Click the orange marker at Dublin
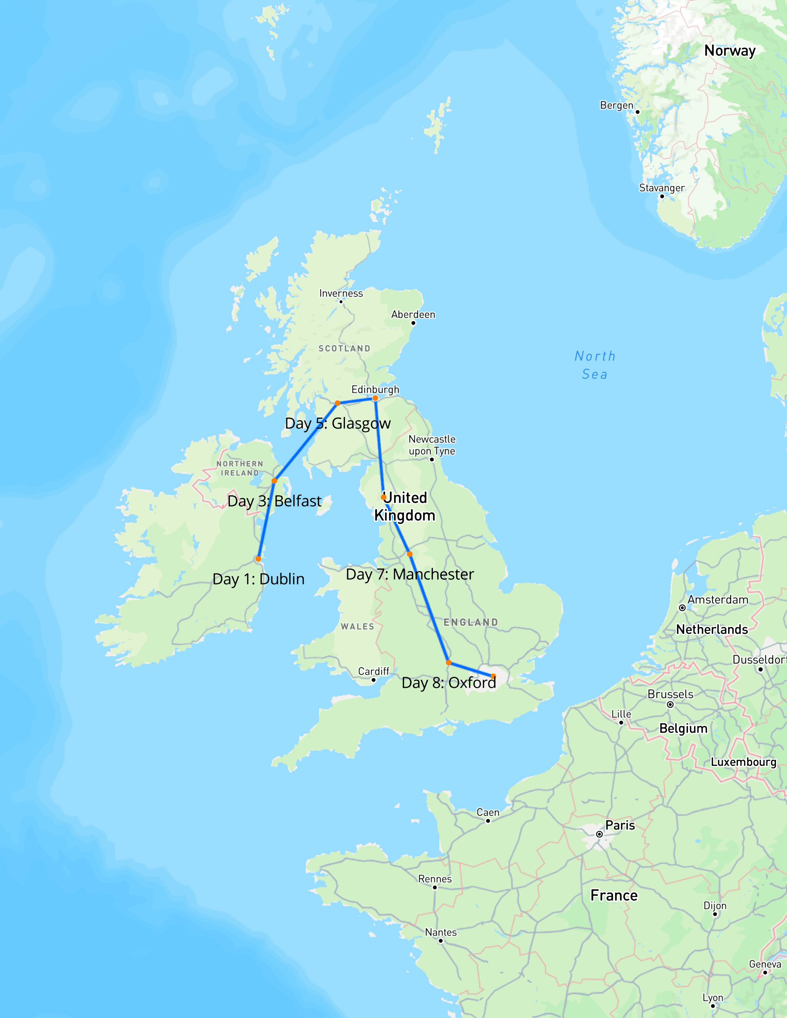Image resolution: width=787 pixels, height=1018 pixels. (x=258, y=558)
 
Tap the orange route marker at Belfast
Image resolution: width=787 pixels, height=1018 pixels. (x=274, y=481)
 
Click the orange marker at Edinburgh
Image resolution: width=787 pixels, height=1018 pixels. (x=375, y=398)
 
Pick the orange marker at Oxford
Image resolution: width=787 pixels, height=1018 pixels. (x=448, y=662)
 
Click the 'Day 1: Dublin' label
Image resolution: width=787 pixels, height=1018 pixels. (x=258, y=579)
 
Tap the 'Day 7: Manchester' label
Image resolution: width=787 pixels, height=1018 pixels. (x=410, y=574)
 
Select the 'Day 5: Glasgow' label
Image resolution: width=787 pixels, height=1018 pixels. (x=338, y=423)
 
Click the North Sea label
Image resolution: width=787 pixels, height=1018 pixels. (x=595, y=365)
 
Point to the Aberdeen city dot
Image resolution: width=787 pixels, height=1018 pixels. (x=413, y=323)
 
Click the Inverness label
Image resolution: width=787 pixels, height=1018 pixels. (x=341, y=293)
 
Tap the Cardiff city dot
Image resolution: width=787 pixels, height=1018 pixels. (x=373, y=680)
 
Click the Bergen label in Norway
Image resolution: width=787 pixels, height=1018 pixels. (x=616, y=105)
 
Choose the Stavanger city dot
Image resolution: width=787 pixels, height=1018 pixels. (x=662, y=196)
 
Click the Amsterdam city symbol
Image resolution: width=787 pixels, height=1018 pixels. (x=682, y=608)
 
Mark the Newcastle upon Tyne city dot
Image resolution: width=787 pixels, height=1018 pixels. (x=432, y=460)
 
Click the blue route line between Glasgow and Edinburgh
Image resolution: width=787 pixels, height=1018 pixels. (x=356, y=400)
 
